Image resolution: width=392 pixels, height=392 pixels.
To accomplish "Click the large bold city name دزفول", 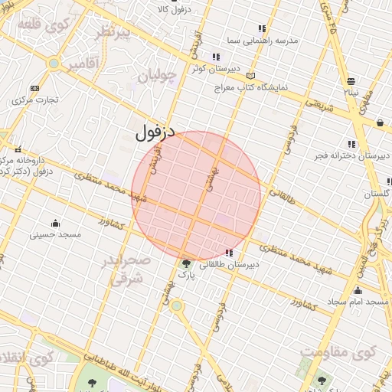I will pos(155,132).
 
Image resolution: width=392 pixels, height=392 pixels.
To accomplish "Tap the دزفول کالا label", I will pos(173,9).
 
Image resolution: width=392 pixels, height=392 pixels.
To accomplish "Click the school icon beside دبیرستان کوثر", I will pos(217,57).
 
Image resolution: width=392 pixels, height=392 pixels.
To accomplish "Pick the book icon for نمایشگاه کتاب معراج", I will pos(252,76).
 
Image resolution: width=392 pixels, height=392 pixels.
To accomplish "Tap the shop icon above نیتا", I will pos(351,80).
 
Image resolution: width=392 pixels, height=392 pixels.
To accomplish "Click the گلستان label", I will pos(377,194).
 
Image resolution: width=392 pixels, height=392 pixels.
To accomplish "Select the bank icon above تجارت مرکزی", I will pos(34,88).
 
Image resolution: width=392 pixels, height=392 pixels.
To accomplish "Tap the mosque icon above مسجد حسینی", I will pos(55,223).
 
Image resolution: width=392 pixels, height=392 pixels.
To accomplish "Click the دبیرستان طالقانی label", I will pos(230,264).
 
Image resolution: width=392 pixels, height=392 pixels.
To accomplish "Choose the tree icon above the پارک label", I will pos(187,263).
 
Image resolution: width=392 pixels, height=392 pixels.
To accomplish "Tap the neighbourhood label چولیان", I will pos(158,76).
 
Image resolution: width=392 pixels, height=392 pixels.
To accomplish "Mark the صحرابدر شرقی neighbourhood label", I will pos(127,269).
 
